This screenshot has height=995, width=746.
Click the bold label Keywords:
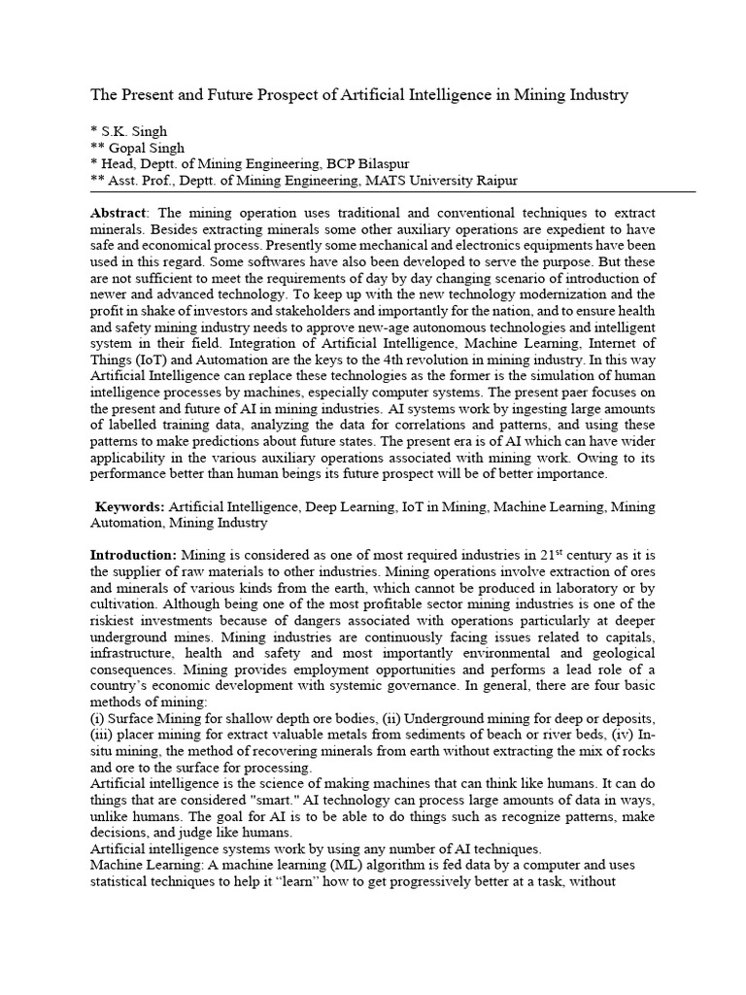pos(130,506)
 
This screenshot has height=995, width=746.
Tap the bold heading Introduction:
pos(133,554)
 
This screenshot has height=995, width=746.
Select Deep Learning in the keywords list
pos(350,506)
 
